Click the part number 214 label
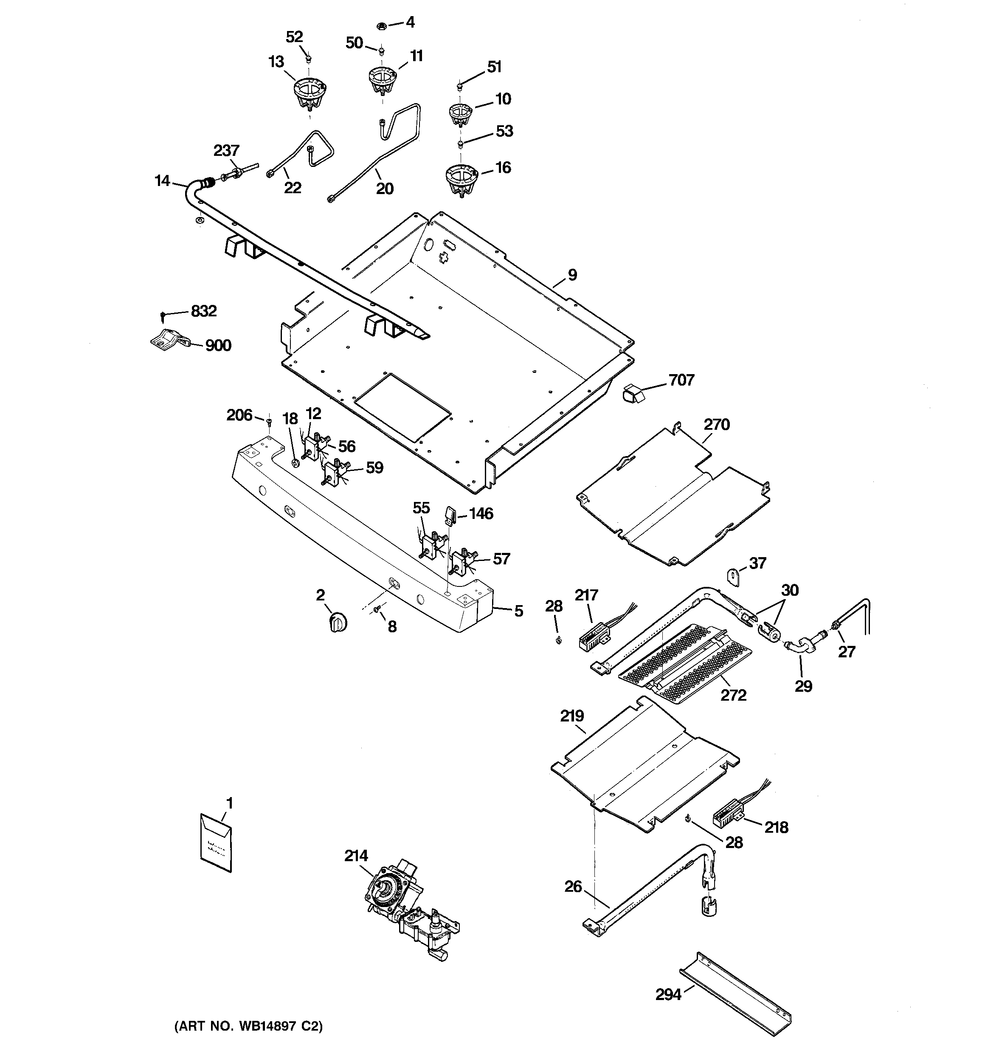pos(356,855)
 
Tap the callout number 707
pos(681,380)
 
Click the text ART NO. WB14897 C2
pos(248,1026)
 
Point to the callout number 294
pos(668,995)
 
